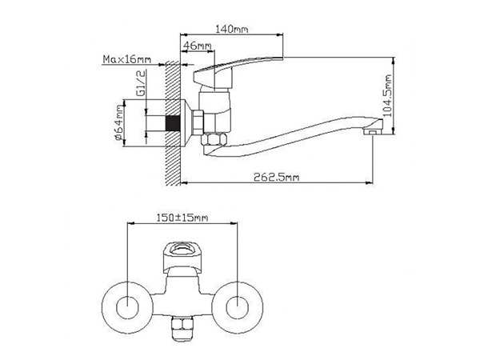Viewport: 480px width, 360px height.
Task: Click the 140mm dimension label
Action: [232, 29]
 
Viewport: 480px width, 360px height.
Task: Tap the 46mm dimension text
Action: [197, 46]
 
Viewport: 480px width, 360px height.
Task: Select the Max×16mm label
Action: [127, 59]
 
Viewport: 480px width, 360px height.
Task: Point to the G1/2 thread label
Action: [141, 82]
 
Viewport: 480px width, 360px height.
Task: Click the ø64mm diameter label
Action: [119, 122]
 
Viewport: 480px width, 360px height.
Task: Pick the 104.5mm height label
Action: [387, 95]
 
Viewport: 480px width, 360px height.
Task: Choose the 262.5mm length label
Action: [277, 178]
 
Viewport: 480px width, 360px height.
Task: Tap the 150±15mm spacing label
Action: [182, 218]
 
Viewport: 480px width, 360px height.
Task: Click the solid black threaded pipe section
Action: [173, 123]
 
